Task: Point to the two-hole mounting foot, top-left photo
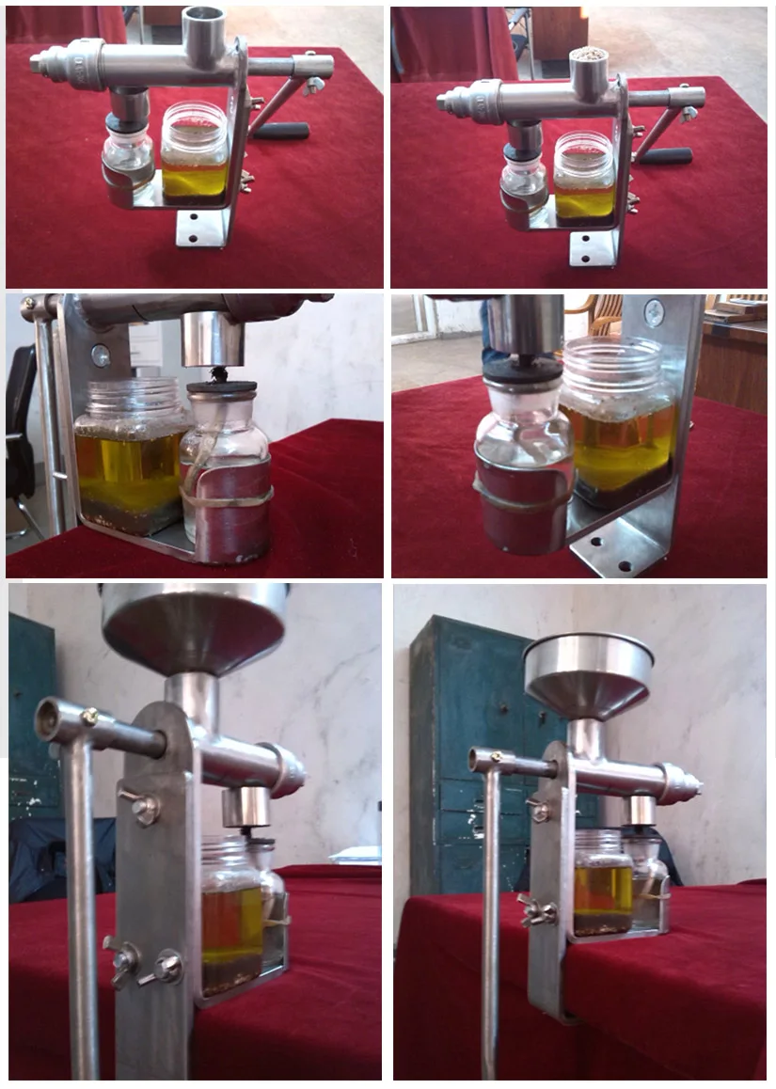[x=202, y=228]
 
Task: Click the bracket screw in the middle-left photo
[x=100, y=355]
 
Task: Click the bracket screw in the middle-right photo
[x=654, y=313]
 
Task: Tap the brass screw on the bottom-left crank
[x=88, y=717]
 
